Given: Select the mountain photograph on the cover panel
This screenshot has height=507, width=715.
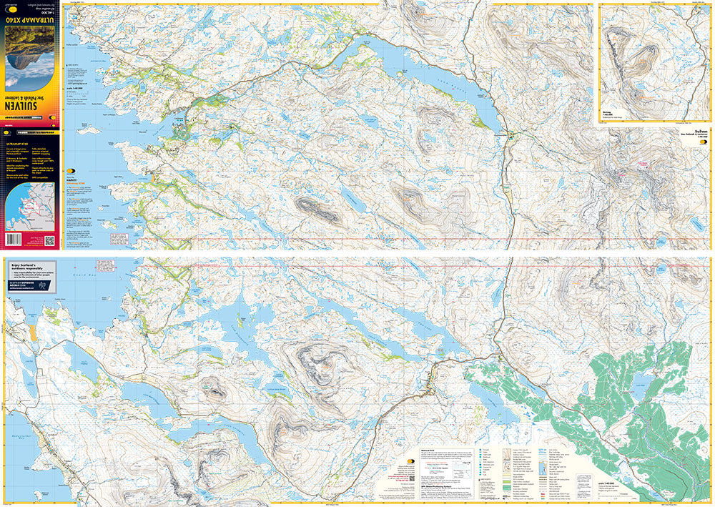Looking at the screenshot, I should coord(32,50).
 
